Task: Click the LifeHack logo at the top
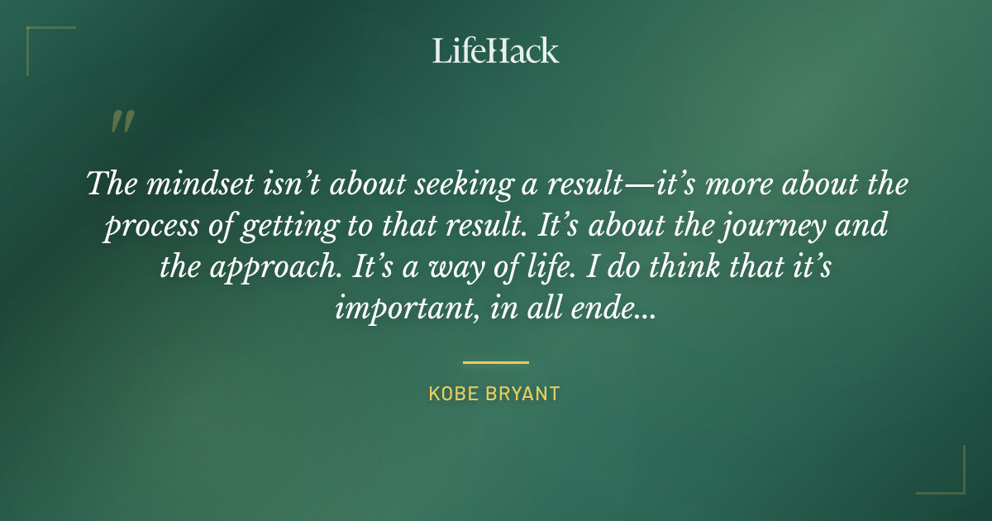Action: click(x=496, y=50)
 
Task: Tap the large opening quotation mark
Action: click(x=122, y=122)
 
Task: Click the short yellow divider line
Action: click(x=495, y=362)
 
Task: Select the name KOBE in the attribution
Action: click(x=455, y=394)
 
